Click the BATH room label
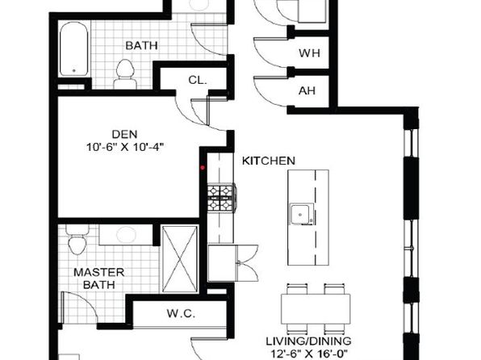(x=141, y=46)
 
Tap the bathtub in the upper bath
(x=74, y=49)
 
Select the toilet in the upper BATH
(x=125, y=74)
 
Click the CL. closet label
(x=198, y=81)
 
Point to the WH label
(x=310, y=53)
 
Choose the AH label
(x=307, y=91)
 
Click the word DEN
(x=124, y=134)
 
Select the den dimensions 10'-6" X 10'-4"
(x=123, y=148)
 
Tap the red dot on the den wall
(x=203, y=168)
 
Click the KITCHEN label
(x=269, y=161)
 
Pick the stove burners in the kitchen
(x=221, y=198)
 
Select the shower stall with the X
(x=180, y=259)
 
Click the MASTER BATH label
(x=99, y=278)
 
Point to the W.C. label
(x=181, y=313)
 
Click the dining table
(x=316, y=308)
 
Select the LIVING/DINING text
(x=308, y=341)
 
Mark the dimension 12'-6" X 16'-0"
(x=310, y=354)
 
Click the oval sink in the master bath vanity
(x=126, y=235)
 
